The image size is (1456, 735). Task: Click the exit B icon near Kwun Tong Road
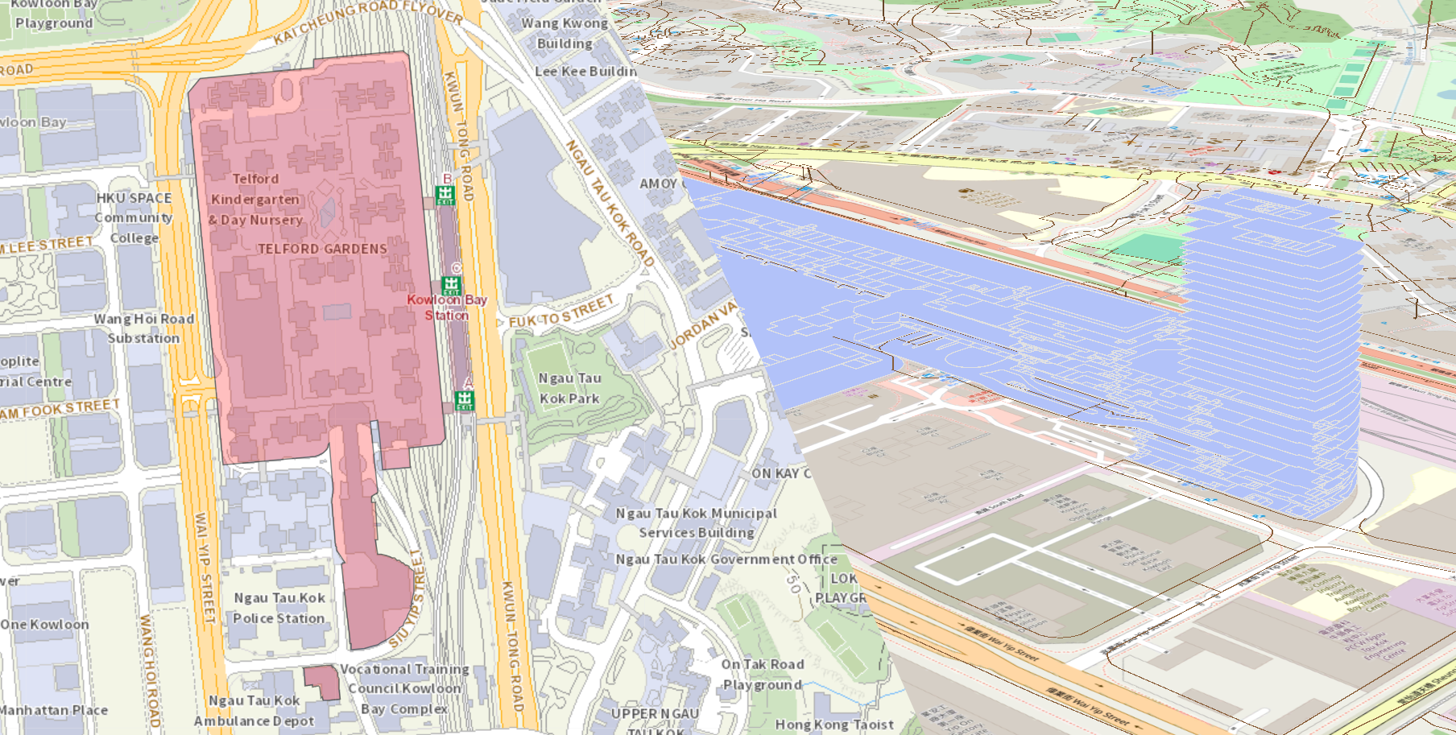[x=445, y=194]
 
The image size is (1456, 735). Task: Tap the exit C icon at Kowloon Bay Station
[x=451, y=285]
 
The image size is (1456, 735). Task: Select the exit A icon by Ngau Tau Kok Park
[x=465, y=399]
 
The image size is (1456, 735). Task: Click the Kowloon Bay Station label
[x=447, y=308]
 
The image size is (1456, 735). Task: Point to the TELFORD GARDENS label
[x=322, y=249]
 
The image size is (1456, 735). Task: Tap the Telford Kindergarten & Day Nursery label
[x=255, y=199]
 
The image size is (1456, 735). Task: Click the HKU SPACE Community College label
[x=134, y=217]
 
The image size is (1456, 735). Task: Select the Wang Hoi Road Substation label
[x=144, y=328]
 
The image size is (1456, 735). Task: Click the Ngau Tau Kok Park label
[x=569, y=388]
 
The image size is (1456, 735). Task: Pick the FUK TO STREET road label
[x=561, y=312]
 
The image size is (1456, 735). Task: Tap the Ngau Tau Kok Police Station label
[x=279, y=608]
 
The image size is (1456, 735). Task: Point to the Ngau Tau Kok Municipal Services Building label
[x=697, y=522]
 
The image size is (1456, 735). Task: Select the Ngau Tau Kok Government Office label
[x=726, y=559]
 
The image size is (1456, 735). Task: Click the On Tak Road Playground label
[x=762, y=675]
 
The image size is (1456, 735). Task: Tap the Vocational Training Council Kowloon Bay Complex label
[x=404, y=688]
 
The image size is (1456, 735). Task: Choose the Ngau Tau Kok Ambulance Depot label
[x=254, y=711]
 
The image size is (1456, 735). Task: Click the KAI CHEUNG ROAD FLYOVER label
[x=368, y=21]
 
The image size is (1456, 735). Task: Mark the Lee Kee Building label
[x=585, y=71]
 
